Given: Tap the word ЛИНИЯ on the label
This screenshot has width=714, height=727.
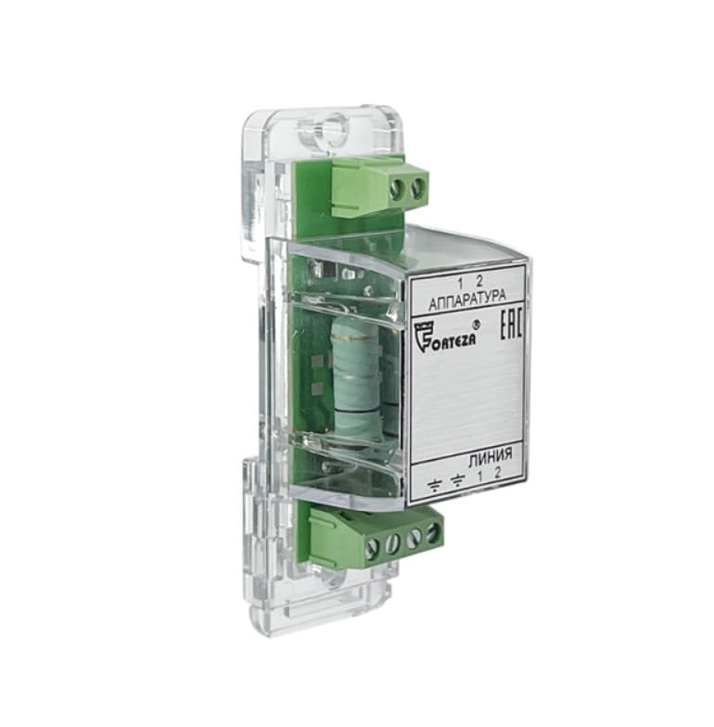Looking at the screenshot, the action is tap(491, 454).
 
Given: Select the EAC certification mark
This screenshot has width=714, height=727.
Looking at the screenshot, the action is tap(512, 326).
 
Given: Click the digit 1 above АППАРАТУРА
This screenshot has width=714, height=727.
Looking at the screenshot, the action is tap(460, 282).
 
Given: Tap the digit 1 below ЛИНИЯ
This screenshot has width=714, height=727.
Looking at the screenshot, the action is tap(480, 476).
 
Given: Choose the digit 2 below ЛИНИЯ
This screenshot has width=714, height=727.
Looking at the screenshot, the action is tap(497, 473).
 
